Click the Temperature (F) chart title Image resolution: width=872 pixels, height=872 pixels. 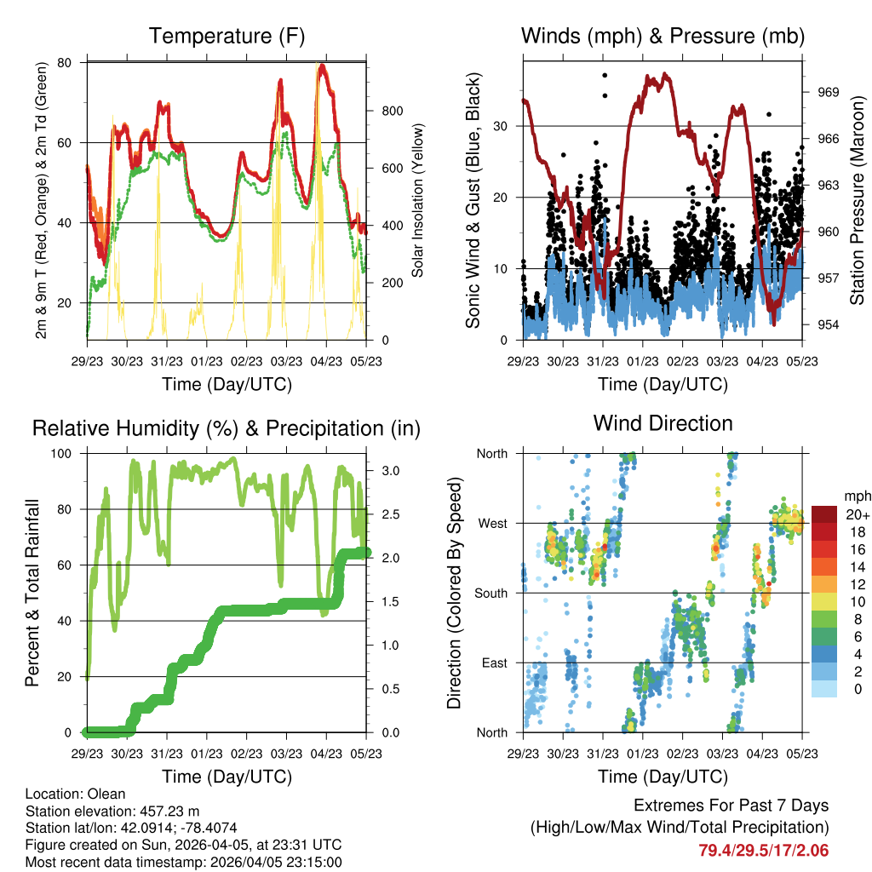click(x=227, y=36)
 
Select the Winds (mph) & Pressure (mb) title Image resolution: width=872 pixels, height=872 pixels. click(x=663, y=36)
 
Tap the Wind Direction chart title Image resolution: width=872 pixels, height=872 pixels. click(x=663, y=423)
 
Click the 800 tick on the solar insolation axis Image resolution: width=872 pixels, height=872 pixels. click(x=392, y=111)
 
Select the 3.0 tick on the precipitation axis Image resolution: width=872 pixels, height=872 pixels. click(x=384, y=470)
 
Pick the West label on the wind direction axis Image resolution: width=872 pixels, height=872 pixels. click(x=491, y=524)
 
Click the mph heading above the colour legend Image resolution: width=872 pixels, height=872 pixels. click(x=856, y=496)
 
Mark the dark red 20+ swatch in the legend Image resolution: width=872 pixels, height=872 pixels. click(x=824, y=514)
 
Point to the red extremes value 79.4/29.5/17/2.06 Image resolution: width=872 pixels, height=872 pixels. click(x=764, y=850)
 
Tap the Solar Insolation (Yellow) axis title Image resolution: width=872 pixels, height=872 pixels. click(x=418, y=200)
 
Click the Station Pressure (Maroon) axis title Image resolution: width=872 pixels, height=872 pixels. click(x=857, y=201)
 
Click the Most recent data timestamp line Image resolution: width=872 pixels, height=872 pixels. click(x=184, y=862)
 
